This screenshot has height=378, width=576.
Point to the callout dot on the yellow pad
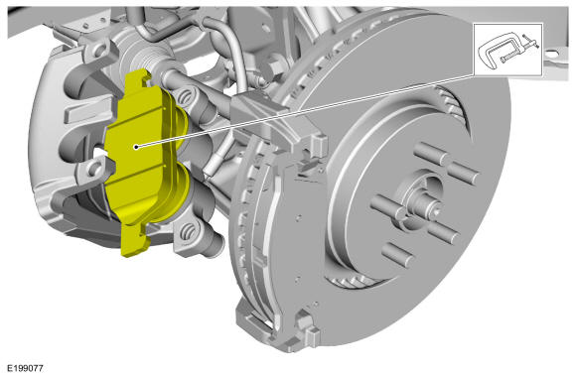point(136,147)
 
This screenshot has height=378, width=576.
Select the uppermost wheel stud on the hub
point(431,153)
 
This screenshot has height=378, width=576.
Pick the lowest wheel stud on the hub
point(397,254)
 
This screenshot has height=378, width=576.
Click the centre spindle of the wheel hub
point(423,204)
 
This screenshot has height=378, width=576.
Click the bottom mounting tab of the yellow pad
point(134,241)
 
